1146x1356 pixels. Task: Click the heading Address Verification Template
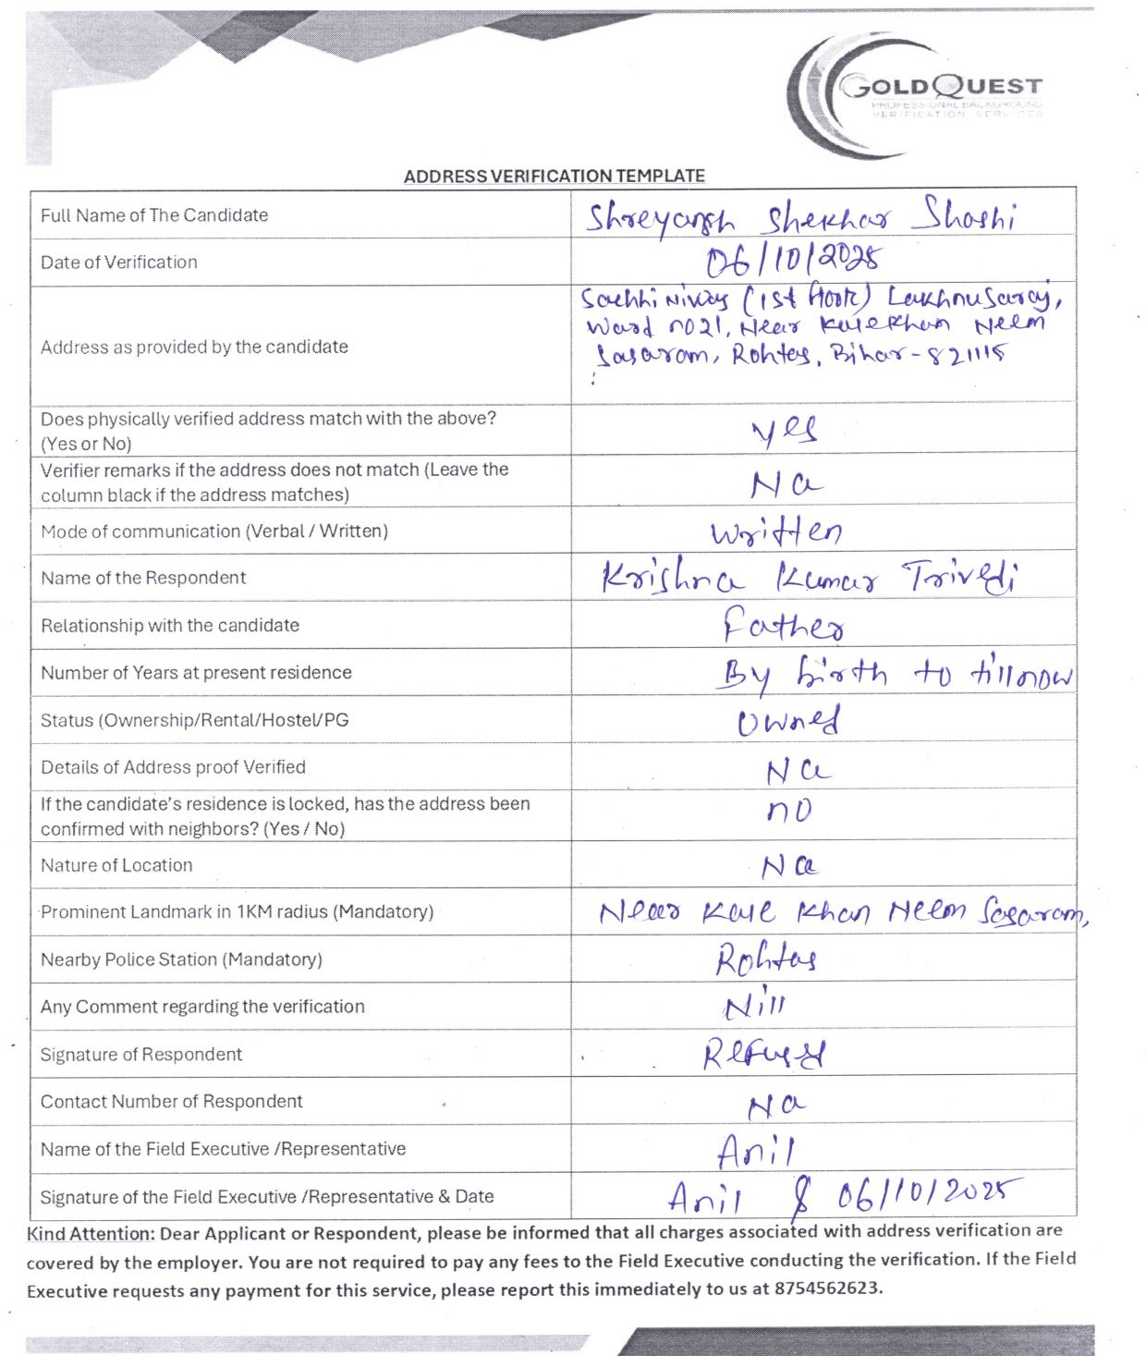tap(554, 176)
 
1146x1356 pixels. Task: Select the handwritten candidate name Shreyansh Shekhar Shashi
tap(800, 218)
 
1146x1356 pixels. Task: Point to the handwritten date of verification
tap(793, 262)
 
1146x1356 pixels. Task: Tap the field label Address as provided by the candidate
tap(194, 347)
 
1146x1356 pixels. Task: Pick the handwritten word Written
tap(776, 531)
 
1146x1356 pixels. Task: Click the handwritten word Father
tap(783, 626)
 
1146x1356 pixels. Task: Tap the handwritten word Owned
tap(788, 721)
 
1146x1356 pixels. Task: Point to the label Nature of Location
tap(116, 865)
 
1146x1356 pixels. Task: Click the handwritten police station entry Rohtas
tap(766, 959)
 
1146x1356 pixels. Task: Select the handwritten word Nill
tap(755, 1006)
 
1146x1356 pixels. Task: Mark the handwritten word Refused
tap(763, 1054)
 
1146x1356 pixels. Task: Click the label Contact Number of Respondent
tap(171, 1101)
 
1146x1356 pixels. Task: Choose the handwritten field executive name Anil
tap(756, 1151)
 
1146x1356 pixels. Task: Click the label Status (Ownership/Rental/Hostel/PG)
tap(194, 720)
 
